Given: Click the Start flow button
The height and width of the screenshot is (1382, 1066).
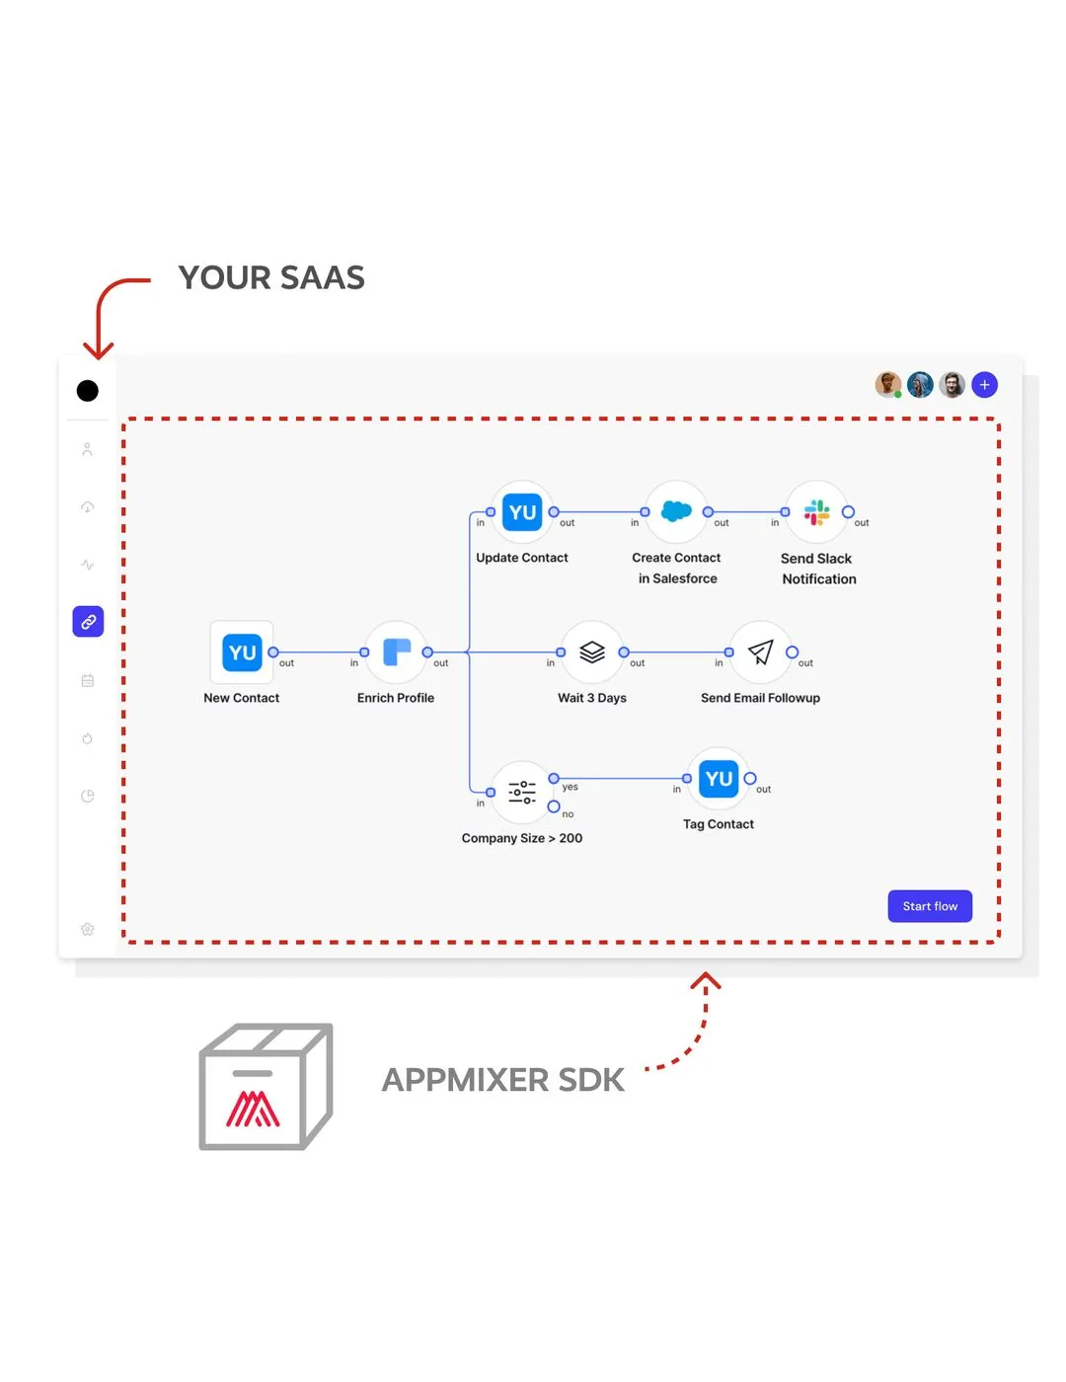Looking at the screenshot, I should tap(930, 906).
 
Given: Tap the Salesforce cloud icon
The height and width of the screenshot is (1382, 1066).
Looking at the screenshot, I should tap(676, 511).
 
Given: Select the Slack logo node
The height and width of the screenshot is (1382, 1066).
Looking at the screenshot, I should tap(816, 511).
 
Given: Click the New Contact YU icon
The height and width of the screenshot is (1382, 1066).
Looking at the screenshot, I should tap(242, 653).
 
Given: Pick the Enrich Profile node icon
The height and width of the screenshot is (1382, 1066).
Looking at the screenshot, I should tap(396, 653).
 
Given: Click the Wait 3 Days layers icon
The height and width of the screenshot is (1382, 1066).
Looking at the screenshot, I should tap(592, 653).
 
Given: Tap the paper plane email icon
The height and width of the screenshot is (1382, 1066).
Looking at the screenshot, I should tap(760, 653).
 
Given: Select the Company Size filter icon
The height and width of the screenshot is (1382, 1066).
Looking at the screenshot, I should tap(522, 792).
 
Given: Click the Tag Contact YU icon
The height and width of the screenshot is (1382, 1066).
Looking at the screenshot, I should tap(719, 779).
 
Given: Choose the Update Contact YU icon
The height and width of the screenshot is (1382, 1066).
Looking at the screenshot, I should tap(522, 512).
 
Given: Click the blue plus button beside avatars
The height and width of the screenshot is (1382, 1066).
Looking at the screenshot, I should tap(984, 385).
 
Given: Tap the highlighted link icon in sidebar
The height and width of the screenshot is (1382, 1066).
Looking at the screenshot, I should tap(88, 622).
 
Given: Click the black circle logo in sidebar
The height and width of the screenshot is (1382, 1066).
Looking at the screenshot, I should tap(88, 391).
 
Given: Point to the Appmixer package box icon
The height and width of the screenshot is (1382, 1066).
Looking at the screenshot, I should tap(265, 1087).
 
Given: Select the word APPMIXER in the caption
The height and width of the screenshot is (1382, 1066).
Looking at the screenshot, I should tap(465, 1080).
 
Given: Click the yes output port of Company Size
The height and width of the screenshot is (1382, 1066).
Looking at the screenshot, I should tap(554, 779).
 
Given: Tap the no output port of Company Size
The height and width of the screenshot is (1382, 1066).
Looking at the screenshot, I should tap(554, 806).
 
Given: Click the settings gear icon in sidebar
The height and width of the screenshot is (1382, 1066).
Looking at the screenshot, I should tap(88, 929).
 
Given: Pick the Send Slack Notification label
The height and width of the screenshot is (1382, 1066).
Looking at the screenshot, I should tap(818, 569).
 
